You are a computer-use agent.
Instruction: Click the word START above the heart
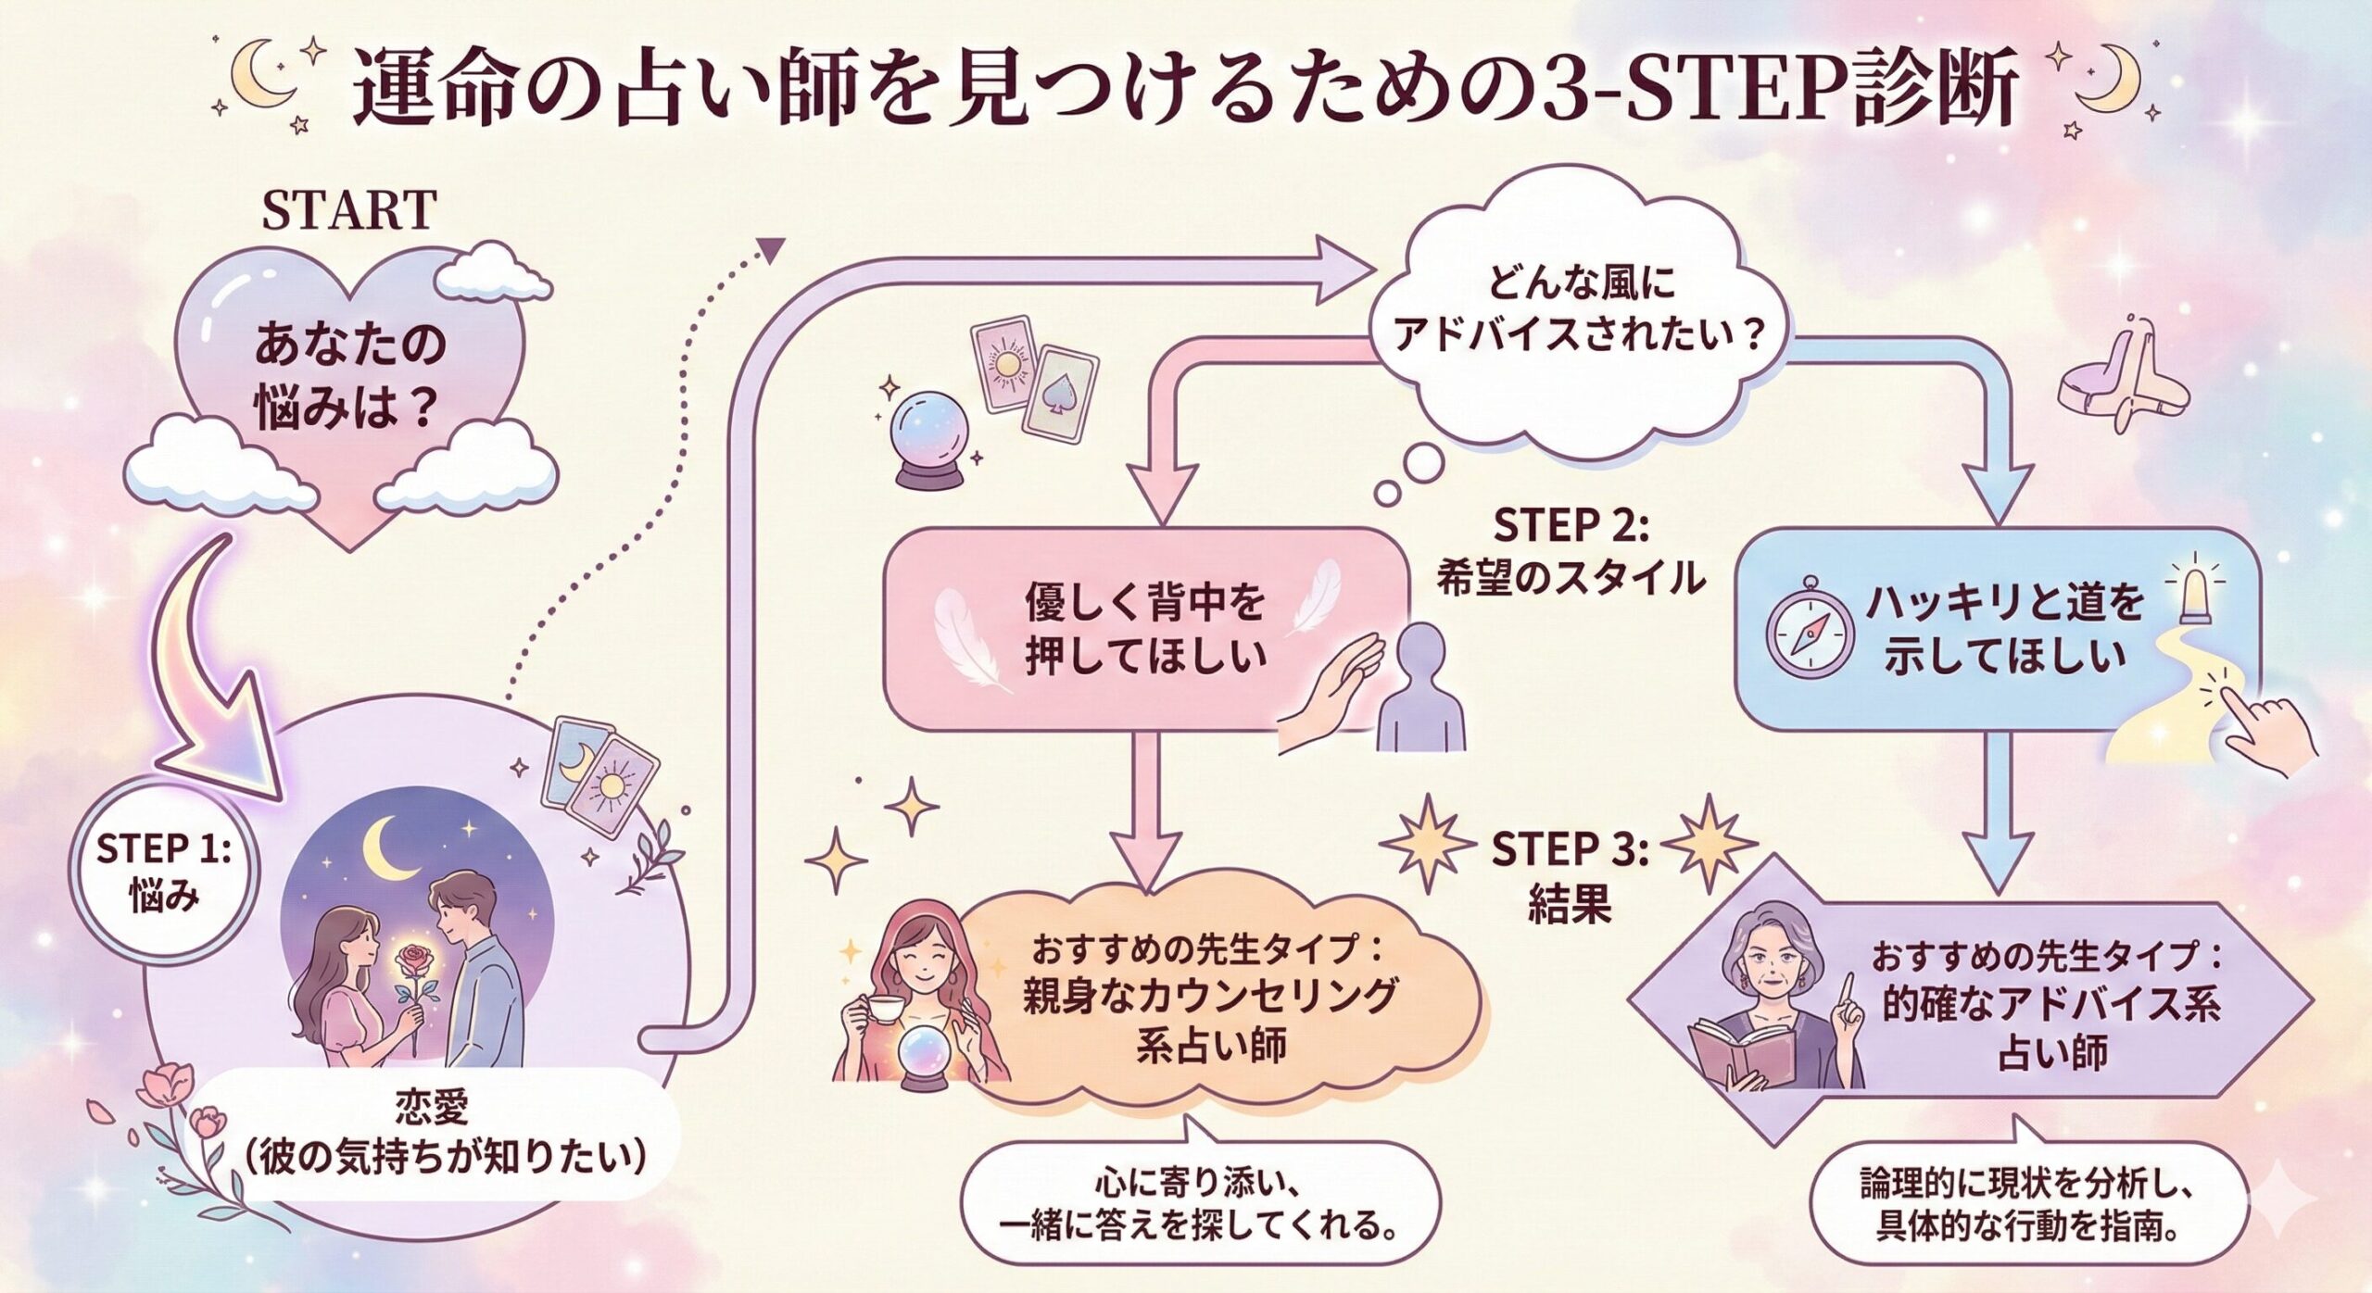348,210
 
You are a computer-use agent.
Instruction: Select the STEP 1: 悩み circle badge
162,872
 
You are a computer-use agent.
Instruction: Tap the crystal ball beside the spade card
927,435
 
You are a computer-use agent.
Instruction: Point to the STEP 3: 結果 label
1569,876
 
